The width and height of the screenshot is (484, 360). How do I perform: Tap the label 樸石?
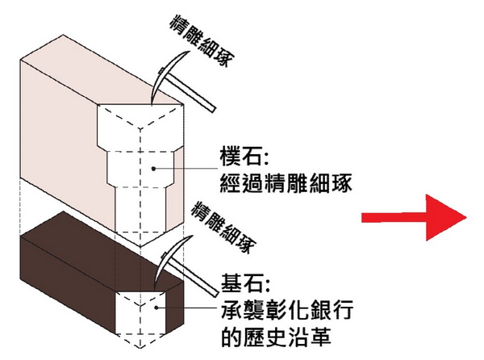pos(243,154)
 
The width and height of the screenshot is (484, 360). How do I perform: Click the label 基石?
pos(242,284)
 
